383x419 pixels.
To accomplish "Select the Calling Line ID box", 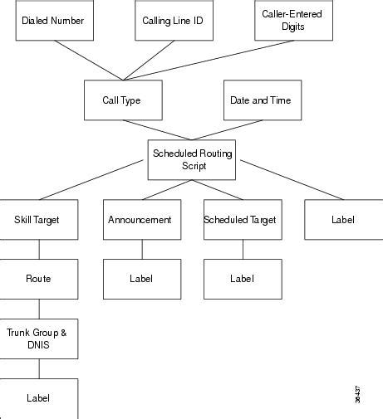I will coord(174,21).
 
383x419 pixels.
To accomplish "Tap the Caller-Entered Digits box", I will coord(293,20).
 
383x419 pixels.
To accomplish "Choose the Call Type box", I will coord(122,100).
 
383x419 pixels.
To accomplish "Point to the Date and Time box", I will coord(261,100).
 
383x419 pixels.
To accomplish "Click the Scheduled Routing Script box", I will coord(193,159).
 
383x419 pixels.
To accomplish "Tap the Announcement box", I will coord(140,220).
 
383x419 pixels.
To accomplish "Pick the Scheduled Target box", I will coord(240,220).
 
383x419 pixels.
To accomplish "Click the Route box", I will coord(38,279).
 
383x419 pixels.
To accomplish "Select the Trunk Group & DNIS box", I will coord(38,339).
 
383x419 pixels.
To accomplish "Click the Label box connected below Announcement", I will coord(141,279).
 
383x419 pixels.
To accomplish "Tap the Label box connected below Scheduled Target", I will coord(242,279).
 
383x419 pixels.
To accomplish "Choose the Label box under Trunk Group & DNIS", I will coord(38,398).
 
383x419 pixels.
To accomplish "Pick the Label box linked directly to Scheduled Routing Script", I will coord(342,220).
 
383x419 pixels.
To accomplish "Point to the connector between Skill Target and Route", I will coord(39,249).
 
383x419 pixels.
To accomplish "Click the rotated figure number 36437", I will coord(357,395).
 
